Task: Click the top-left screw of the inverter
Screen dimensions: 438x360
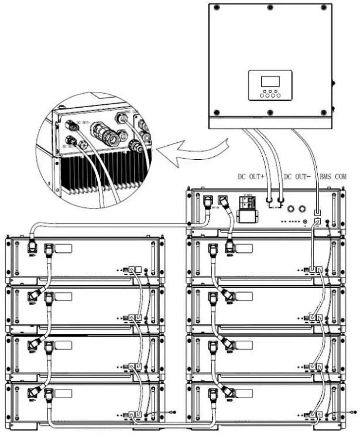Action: (216, 8)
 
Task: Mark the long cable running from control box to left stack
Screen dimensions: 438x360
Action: (117, 224)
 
